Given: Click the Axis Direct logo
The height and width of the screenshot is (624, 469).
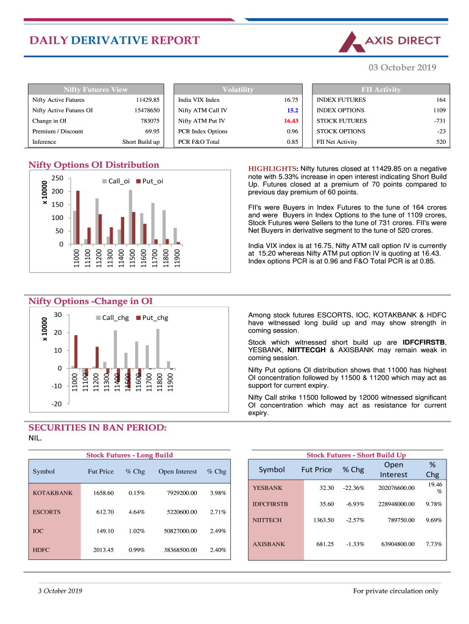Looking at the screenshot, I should click(x=389, y=41).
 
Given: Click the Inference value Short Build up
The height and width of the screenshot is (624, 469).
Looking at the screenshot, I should click(x=141, y=142).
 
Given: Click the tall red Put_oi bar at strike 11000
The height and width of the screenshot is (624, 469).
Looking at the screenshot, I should click(x=78, y=218).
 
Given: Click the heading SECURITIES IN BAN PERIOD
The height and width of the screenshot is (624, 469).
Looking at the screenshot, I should click(x=97, y=428).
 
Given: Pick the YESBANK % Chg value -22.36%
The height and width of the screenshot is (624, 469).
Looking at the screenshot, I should click(x=353, y=487).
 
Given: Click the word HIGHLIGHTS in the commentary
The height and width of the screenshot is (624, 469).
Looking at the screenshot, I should click(x=272, y=169).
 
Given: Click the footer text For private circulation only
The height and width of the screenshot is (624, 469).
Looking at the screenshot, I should click(x=395, y=590).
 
